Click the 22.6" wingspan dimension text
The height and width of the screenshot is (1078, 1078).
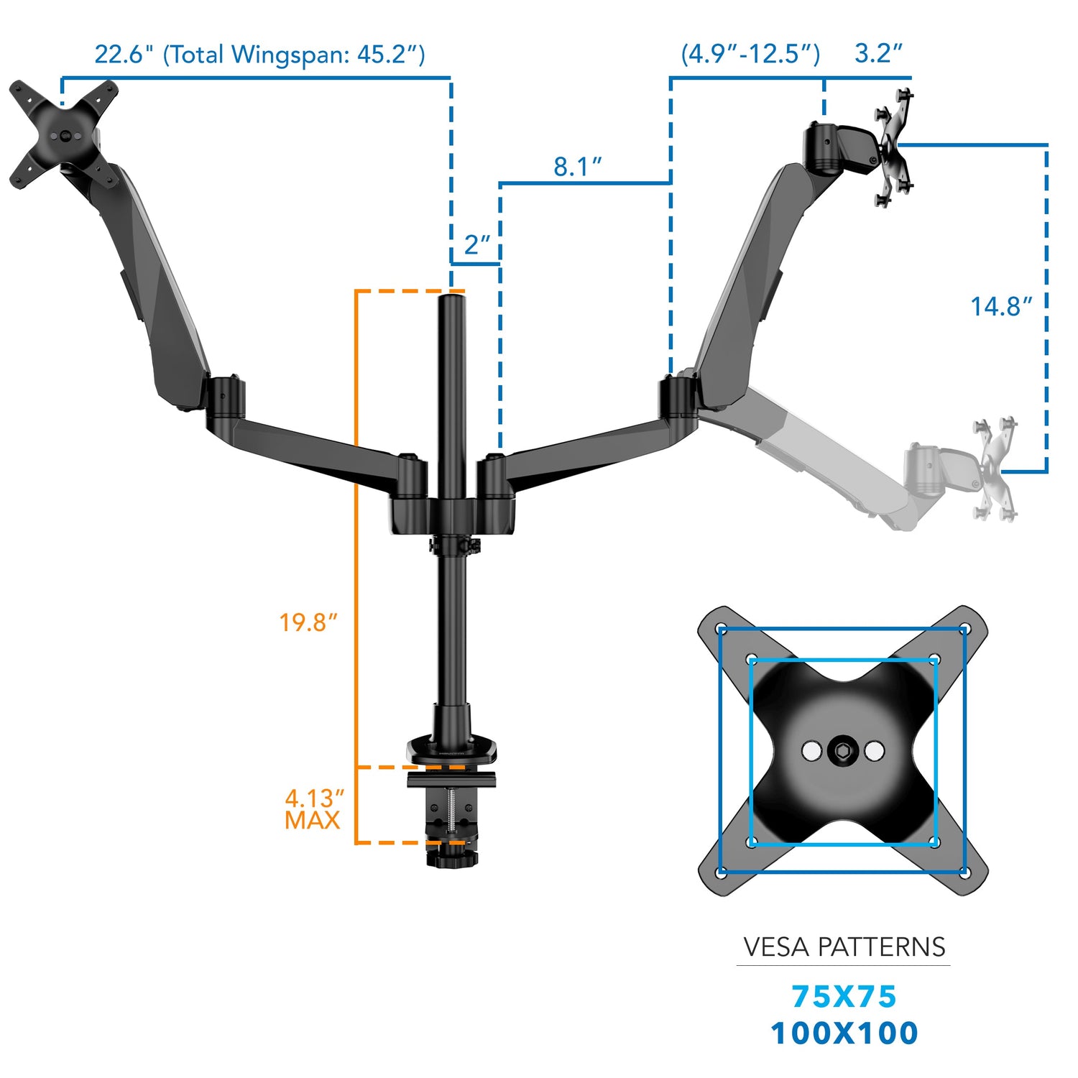[x=259, y=55]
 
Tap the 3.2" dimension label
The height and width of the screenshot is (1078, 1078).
[x=878, y=53]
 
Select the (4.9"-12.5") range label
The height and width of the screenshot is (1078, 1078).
[x=750, y=54]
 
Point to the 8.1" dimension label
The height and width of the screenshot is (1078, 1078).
[x=577, y=167]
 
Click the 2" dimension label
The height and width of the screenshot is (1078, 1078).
[x=476, y=245]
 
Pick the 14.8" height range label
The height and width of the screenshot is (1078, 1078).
[x=1001, y=307]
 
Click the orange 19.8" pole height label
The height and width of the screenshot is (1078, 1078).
[x=308, y=622]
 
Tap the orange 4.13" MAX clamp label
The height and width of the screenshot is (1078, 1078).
[x=313, y=809]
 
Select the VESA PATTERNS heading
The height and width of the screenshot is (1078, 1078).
[x=844, y=947]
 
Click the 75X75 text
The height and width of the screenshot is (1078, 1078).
[x=844, y=997]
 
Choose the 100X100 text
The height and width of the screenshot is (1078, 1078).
[x=844, y=1033]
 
